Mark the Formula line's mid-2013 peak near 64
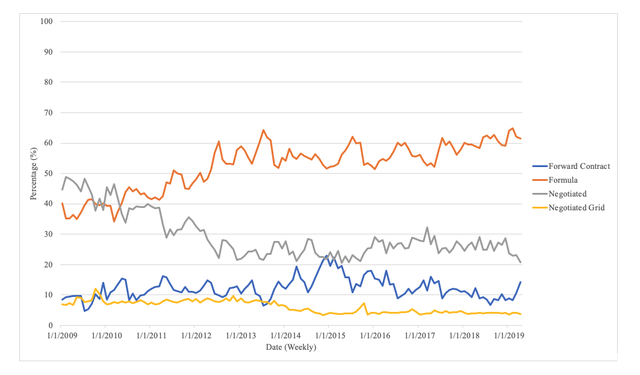pos(263,130)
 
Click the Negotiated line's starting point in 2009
pos(62,190)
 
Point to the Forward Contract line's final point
pos(520,282)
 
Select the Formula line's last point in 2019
pos(520,139)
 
